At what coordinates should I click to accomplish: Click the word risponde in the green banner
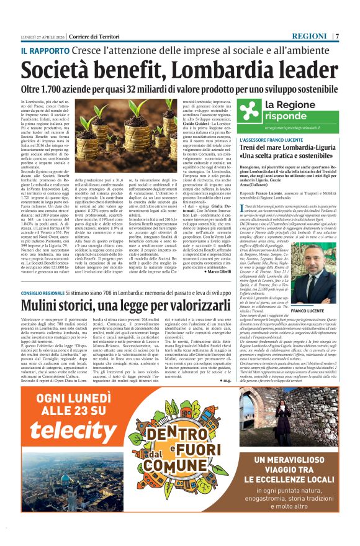point(286,116)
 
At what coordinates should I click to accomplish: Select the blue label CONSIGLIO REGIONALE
point(52,292)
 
